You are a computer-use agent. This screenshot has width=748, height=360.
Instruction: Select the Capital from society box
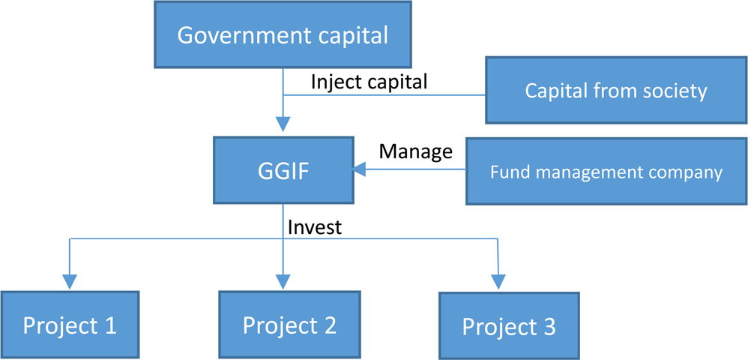click(615, 91)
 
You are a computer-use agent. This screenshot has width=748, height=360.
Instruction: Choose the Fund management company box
click(606, 172)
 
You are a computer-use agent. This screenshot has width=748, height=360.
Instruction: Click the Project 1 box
click(70, 325)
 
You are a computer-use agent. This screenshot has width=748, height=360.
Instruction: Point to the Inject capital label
click(369, 82)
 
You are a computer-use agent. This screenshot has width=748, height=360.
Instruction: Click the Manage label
click(415, 151)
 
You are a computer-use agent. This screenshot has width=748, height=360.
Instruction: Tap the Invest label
click(314, 226)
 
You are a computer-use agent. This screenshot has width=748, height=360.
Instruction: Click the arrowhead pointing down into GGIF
click(283, 126)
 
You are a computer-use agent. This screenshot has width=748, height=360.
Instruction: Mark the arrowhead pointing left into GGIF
click(361, 171)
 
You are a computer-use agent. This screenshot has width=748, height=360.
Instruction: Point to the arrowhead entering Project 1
click(70, 281)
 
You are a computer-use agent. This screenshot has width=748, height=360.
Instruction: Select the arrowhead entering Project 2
click(283, 281)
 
